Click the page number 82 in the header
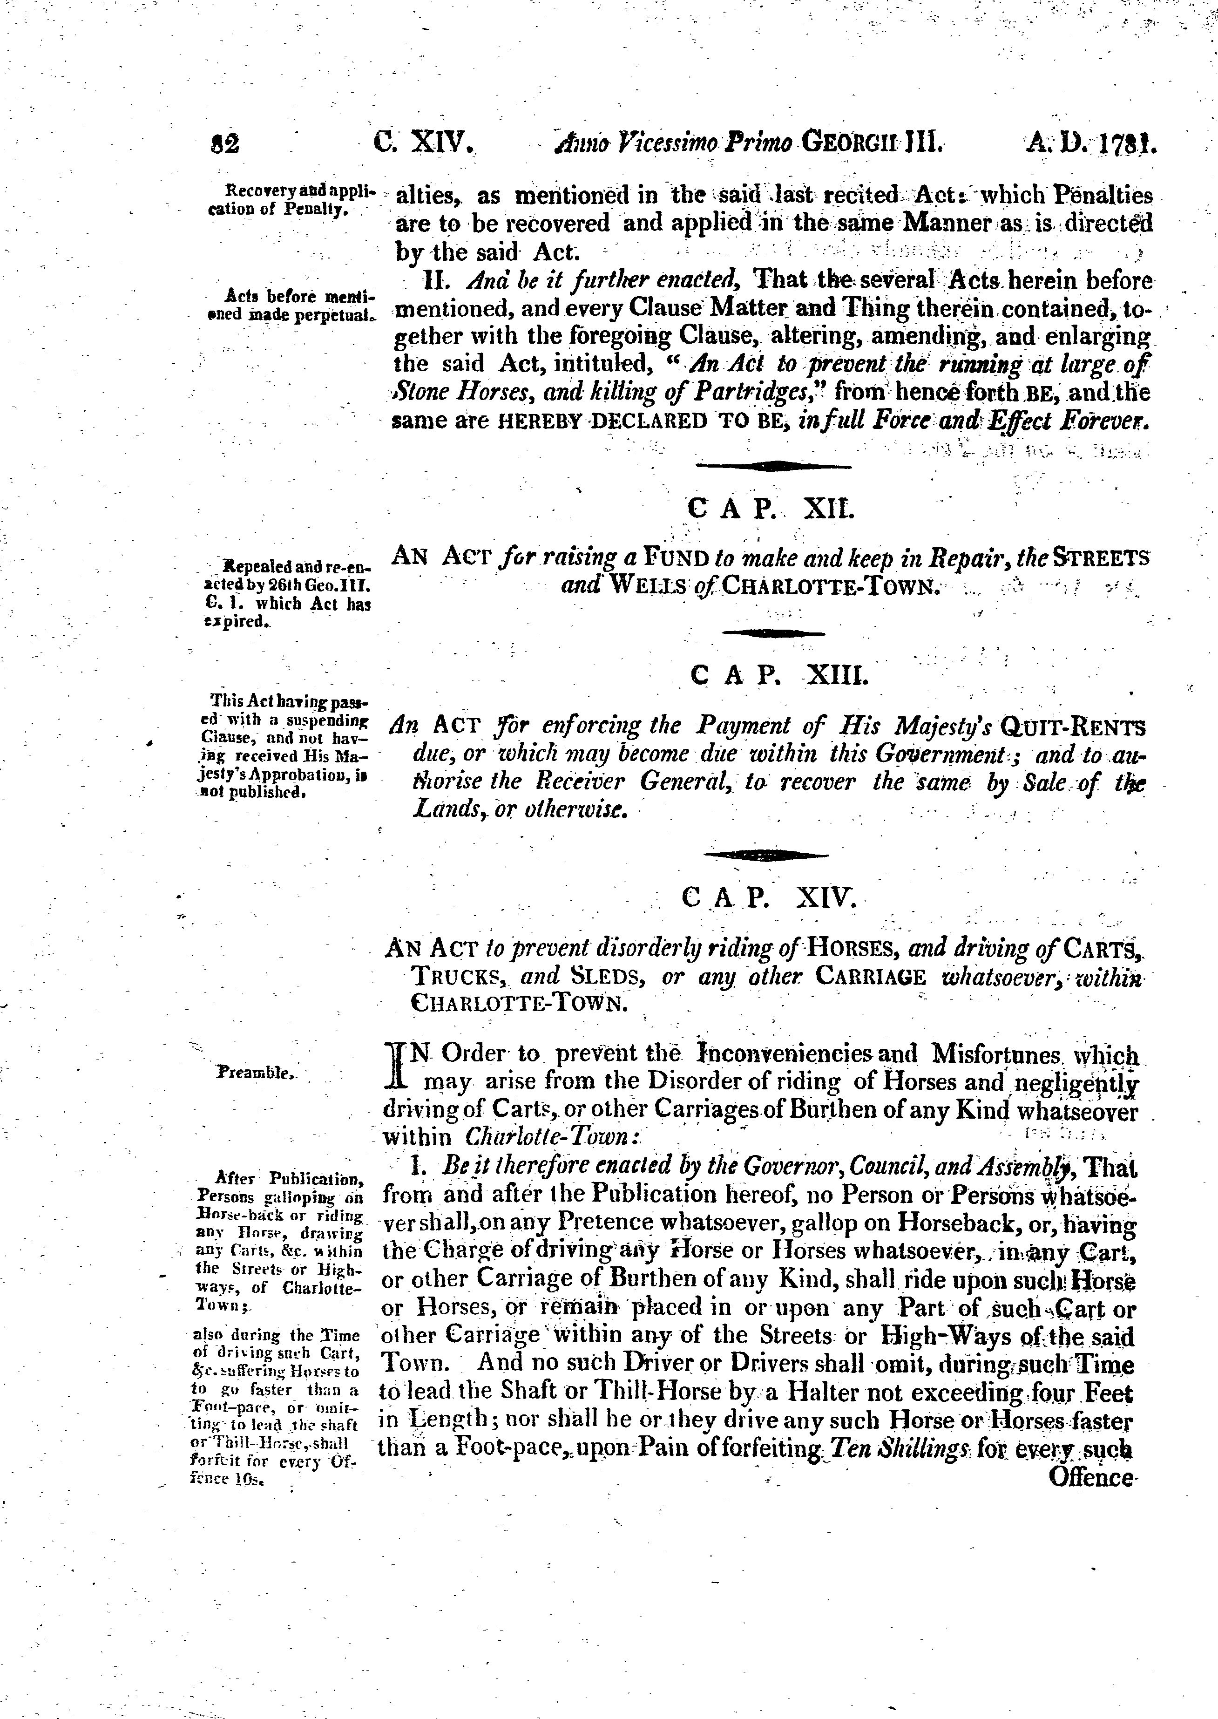[x=225, y=143]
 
